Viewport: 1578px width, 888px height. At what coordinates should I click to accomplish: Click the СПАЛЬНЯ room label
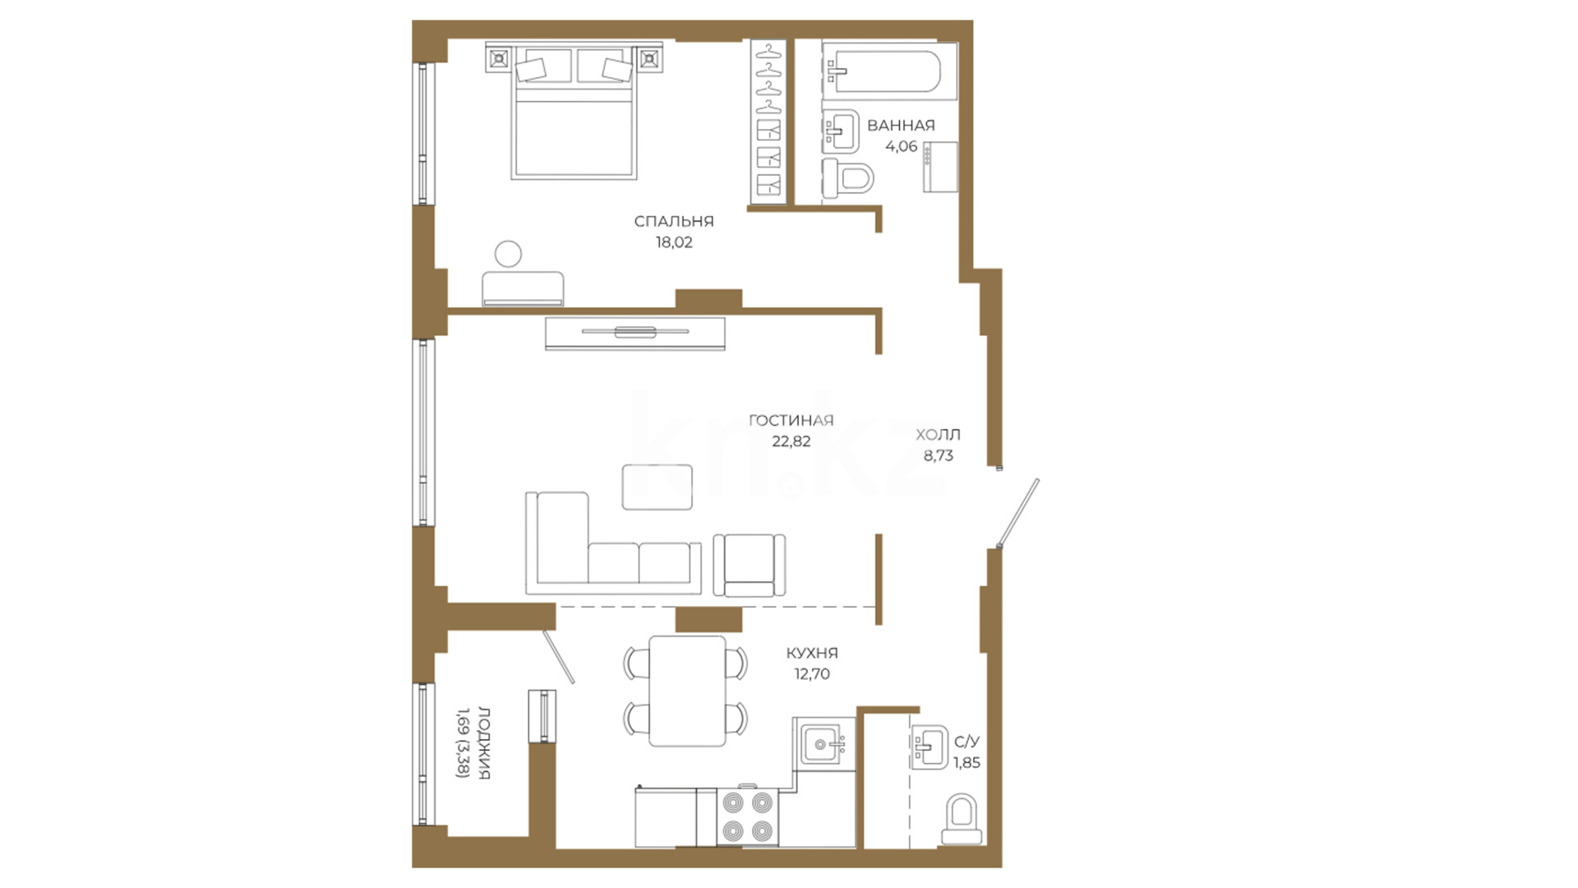(674, 221)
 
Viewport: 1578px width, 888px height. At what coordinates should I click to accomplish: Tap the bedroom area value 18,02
(674, 243)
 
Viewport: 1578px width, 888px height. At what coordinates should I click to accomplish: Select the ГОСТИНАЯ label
(791, 420)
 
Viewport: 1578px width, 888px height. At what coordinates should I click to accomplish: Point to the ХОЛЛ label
(938, 434)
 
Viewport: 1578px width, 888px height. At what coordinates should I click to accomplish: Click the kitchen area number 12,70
(811, 674)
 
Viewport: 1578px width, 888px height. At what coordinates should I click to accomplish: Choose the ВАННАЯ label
(901, 126)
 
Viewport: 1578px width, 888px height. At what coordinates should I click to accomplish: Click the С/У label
(967, 742)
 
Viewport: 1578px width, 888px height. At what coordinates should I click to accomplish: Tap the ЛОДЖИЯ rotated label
(484, 742)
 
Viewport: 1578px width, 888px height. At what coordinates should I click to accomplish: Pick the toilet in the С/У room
(962, 819)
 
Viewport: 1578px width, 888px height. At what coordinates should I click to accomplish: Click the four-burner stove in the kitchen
(748, 817)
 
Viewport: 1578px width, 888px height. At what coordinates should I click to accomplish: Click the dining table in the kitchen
(688, 691)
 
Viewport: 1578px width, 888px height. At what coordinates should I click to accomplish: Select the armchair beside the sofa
(749, 565)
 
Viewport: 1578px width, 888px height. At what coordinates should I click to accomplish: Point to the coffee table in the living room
(657, 487)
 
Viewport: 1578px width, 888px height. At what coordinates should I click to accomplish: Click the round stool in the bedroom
(509, 253)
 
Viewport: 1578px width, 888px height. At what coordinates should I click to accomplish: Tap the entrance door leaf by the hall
(1018, 513)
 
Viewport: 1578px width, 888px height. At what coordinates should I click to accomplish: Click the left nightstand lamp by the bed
(499, 59)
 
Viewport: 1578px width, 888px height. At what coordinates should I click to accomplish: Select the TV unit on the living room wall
(635, 333)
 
